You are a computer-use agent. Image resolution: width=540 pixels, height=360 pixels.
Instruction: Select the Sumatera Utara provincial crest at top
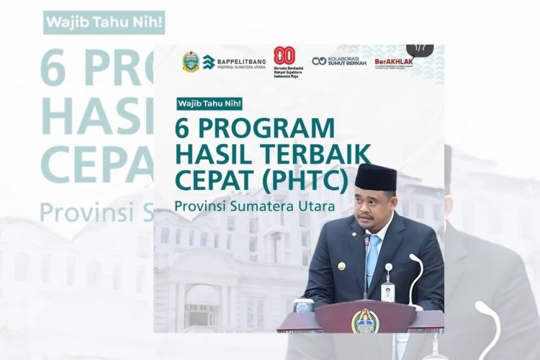tap(191, 62)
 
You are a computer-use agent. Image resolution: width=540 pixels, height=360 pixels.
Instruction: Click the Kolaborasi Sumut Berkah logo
tap(339, 61)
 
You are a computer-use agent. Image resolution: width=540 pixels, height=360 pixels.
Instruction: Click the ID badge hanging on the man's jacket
tap(389, 274)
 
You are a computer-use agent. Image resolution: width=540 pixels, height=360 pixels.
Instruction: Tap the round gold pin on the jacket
tap(342, 266)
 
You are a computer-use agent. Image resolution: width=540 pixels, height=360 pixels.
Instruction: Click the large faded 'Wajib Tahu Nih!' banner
tap(104, 22)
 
